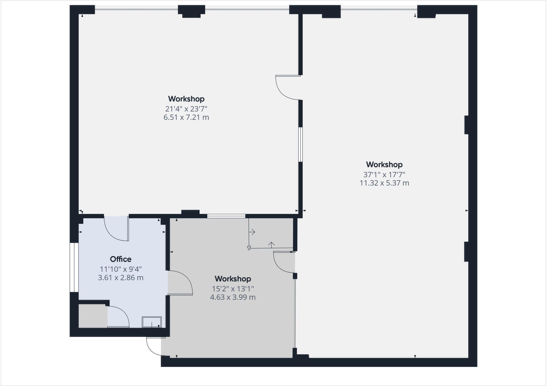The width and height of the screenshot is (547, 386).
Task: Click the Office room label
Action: click(x=120, y=259)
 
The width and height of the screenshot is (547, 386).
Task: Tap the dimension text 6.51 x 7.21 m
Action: click(x=186, y=117)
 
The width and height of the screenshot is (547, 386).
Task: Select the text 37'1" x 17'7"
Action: click(x=384, y=175)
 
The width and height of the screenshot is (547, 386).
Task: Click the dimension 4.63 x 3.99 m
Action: click(x=233, y=297)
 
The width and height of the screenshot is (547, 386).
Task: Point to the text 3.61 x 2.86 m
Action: click(x=120, y=278)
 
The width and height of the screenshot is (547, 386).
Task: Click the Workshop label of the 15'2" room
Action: click(x=233, y=279)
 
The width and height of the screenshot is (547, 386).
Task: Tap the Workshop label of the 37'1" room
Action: click(x=384, y=164)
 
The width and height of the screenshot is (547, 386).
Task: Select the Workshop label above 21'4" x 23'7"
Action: click(x=186, y=99)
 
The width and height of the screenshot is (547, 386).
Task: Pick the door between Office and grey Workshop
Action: click(x=179, y=283)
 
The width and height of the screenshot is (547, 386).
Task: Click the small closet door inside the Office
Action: click(x=118, y=317)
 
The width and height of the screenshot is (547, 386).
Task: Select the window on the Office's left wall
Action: click(x=74, y=267)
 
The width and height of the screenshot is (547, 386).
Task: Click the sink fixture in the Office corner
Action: click(x=152, y=322)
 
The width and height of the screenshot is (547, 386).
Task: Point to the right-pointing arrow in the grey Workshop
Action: click(x=252, y=232)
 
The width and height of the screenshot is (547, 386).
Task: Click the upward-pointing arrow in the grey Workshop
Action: click(x=271, y=244)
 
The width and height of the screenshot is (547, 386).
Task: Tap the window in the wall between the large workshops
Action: click(x=300, y=144)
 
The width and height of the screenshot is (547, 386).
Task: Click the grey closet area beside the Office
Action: click(x=92, y=316)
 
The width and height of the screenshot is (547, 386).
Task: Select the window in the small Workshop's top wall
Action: click(x=226, y=216)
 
